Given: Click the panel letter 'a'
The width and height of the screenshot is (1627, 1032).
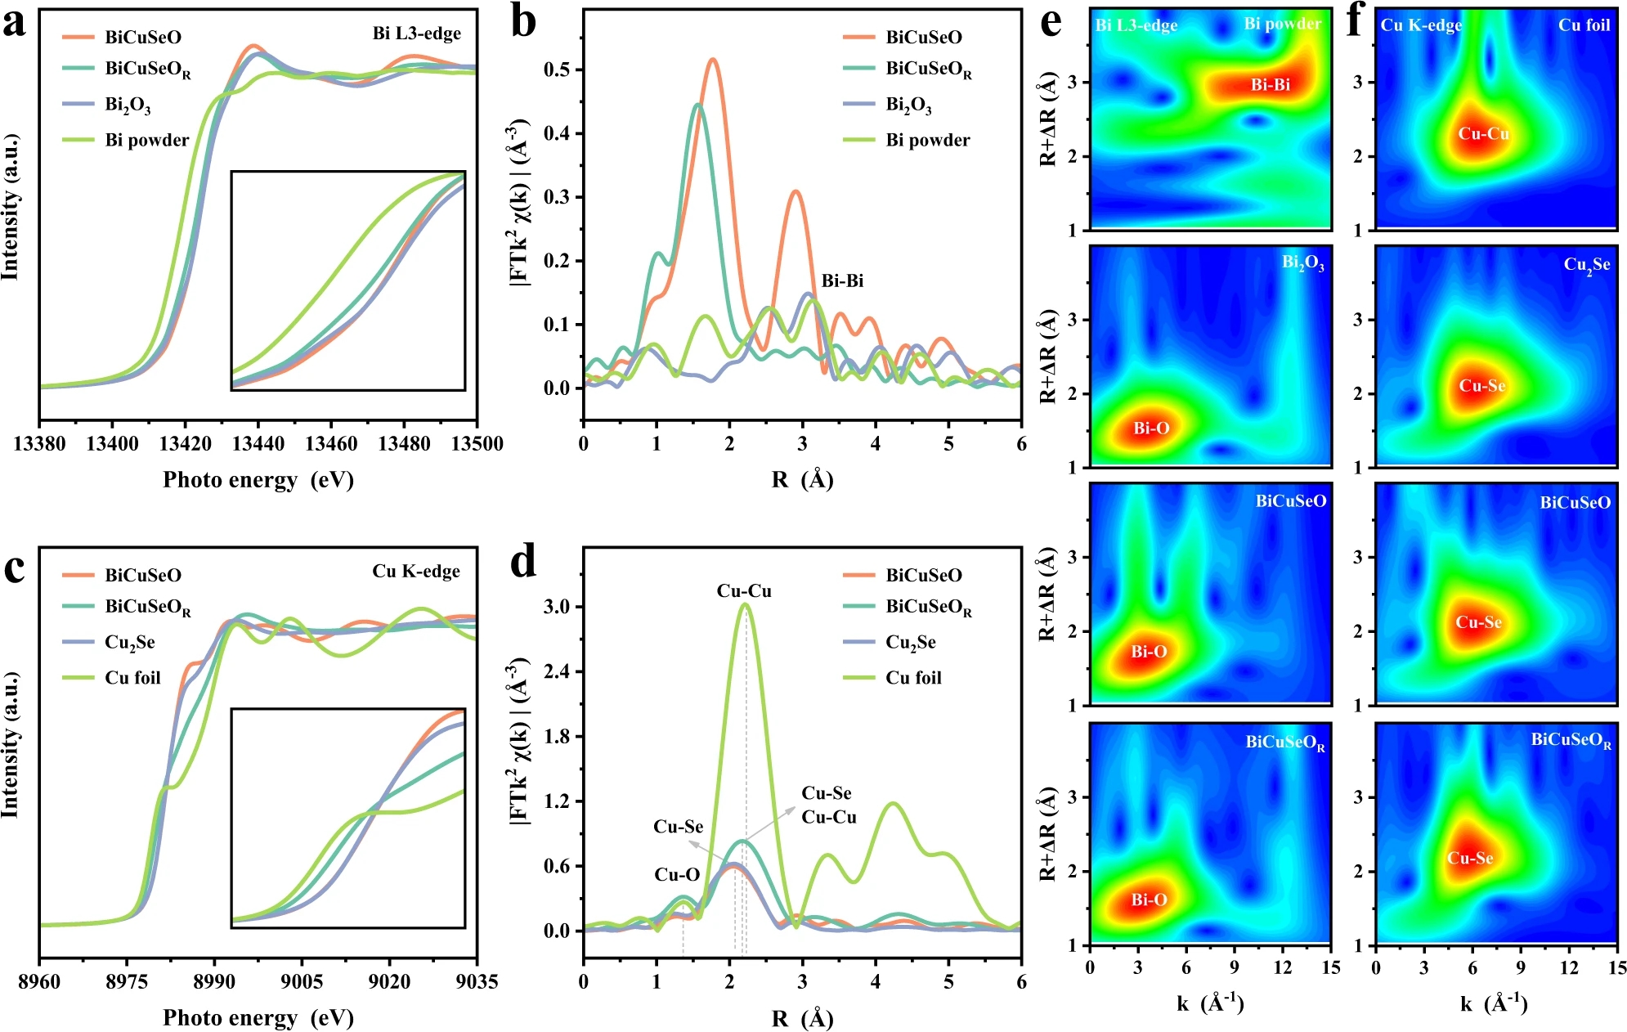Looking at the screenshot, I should tap(15, 25).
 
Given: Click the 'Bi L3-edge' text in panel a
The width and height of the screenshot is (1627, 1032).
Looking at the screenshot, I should tap(416, 34).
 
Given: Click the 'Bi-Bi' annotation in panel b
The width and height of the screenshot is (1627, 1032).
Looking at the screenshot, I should tap(842, 280).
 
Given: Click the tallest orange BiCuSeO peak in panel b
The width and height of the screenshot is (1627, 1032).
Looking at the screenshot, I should tap(713, 60).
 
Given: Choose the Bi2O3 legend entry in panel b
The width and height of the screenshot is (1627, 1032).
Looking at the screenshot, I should tap(908, 105).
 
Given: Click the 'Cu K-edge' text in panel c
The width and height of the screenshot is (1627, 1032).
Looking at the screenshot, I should tap(416, 571).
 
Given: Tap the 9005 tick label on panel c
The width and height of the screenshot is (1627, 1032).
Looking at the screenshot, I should tap(302, 981).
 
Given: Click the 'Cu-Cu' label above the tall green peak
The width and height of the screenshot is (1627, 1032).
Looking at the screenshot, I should tap(744, 590).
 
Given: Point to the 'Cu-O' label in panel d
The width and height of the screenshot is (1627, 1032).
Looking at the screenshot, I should tap(677, 875).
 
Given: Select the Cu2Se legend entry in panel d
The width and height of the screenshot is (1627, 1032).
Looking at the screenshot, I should tap(910, 642).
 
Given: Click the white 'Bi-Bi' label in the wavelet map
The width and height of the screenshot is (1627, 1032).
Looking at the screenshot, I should tap(1270, 84).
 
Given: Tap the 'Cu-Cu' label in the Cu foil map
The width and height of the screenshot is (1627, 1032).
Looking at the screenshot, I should tap(1484, 133).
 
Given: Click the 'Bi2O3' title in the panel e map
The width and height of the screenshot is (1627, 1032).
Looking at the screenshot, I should tap(1302, 262).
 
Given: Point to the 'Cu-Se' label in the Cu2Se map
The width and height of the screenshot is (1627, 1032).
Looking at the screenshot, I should tap(1482, 386).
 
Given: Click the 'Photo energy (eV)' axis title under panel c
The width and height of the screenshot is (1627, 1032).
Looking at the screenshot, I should tap(258, 1017).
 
